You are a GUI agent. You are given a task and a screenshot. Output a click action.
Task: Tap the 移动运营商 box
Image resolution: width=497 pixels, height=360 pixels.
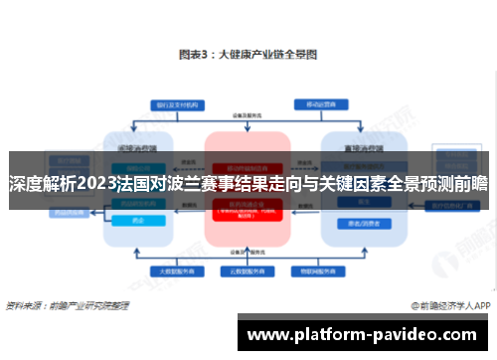[319, 103]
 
